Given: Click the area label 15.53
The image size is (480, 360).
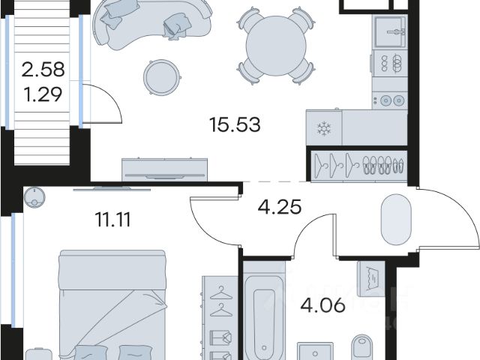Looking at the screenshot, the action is (x=235, y=125).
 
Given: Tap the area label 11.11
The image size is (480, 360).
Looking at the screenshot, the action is (x=113, y=220).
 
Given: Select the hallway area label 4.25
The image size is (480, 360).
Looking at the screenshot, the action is (x=280, y=207).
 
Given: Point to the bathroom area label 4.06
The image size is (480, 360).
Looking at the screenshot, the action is (x=322, y=305).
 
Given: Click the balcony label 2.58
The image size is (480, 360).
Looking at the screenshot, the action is (x=43, y=69).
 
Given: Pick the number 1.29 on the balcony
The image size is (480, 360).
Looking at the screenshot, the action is (x=43, y=94).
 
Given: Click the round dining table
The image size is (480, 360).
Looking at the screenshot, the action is (x=276, y=46).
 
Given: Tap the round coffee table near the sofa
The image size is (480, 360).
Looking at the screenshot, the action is (x=161, y=77).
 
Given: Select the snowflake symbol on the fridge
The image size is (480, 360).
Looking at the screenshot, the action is (x=323, y=128).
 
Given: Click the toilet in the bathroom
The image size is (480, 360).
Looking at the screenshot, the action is (x=362, y=348).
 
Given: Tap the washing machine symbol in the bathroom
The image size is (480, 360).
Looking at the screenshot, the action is (x=371, y=279).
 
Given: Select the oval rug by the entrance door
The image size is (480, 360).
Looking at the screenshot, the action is (x=396, y=219).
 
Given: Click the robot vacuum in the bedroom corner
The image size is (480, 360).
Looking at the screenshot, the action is (x=34, y=197).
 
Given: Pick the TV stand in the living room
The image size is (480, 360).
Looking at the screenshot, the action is (x=165, y=170).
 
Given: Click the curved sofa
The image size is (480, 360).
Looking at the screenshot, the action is (x=153, y=24).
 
